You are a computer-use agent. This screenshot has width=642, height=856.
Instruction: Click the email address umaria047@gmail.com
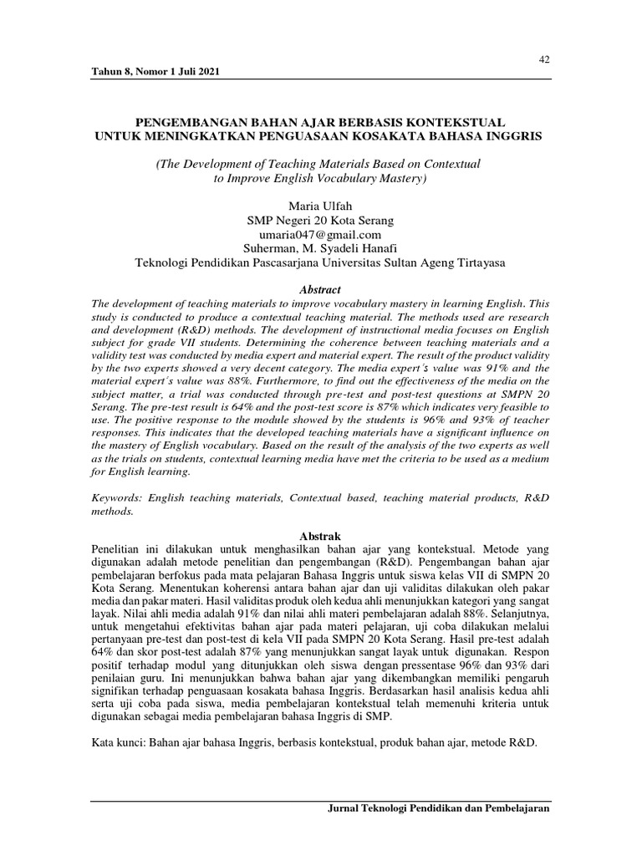click(321, 234)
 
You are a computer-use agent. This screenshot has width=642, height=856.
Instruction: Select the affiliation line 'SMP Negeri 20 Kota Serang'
click(320, 220)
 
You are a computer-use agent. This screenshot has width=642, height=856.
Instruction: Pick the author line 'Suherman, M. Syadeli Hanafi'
click(320, 248)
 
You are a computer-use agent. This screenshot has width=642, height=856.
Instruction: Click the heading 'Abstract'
click(320, 288)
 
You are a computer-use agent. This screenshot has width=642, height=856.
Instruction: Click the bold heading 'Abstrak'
click(321, 534)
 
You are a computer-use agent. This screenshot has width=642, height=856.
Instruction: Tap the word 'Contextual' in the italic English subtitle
click(441, 165)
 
